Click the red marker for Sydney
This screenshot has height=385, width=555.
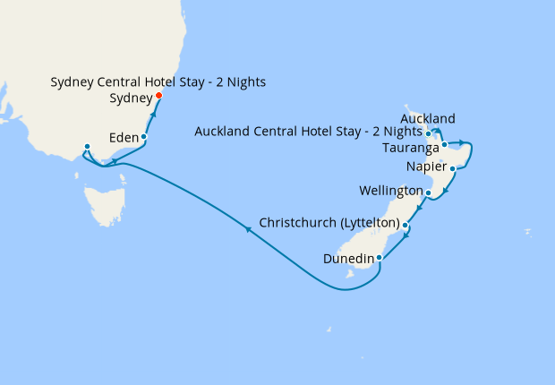tap(158, 96)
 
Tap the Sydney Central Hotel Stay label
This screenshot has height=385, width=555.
tap(158, 82)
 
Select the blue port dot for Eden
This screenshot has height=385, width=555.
tap(144, 137)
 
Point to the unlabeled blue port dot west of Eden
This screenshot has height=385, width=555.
tap(87, 147)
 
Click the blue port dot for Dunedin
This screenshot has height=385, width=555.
tap(380, 258)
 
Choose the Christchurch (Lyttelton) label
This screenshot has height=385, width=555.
tap(329, 221)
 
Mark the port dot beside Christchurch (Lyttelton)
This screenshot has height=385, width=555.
tap(406, 225)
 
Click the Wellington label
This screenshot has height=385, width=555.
tap(389, 192)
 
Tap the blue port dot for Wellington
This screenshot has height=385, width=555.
tap(429, 192)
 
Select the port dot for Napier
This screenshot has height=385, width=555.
tap(453, 168)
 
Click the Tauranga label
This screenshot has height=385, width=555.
tap(409, 147)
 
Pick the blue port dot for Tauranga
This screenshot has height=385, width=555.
tap(444, 144)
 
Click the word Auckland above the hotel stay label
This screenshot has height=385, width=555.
tap(428, 118)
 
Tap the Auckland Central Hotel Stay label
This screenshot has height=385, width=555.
tap(308, 133)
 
